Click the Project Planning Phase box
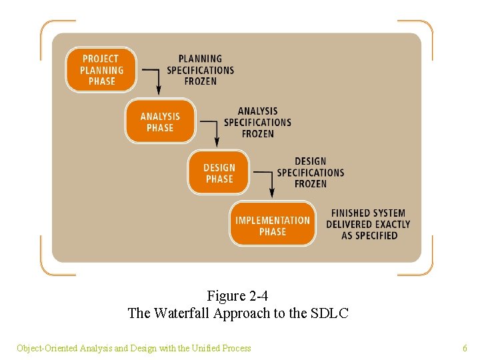[x=101, y=69]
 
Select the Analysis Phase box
[x=160, y=121]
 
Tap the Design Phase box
[x=219, y=173]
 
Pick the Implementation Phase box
[x=273, y=225]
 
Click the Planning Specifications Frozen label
[x=200, y=70]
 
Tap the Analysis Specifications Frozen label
[x=257, y=122]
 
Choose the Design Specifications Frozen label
[x=311, y=173]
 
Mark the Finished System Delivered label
[x=368, y=225]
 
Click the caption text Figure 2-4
[x=237, y=295]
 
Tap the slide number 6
[x=465, y=348]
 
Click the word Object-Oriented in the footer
[x=47, y=348]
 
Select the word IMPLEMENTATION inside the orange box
[x=273, y=220]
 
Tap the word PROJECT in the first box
[x=101, y=59]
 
